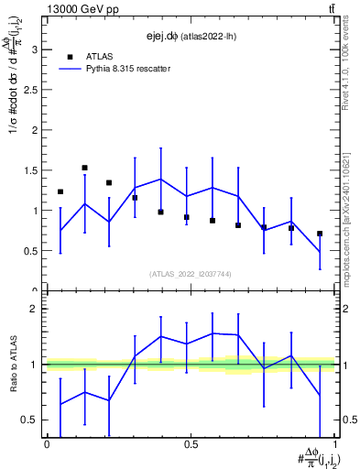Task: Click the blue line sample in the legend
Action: click(x=71, y=68)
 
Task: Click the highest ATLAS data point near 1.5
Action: click(x=84, y=168)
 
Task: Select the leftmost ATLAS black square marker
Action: click(x=60, y=191)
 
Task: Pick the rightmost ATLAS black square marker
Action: click(x=320, y=234)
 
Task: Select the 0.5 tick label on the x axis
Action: click(x=191, y=444)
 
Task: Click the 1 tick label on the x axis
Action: click(x=335, y=444)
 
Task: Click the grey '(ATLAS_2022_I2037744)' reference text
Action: click(x=191, y=274)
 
